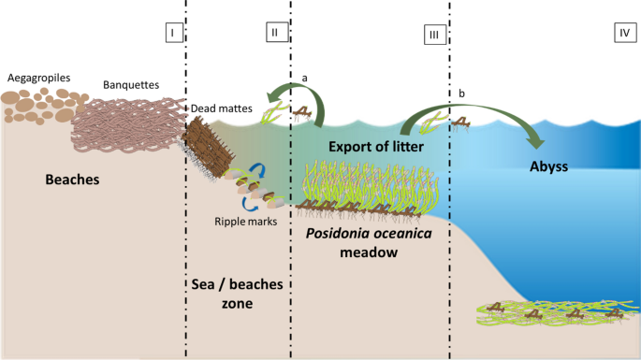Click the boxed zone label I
point(174,33)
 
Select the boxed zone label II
point(277,32)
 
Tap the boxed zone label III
point(434,35)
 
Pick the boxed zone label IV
point(625,33)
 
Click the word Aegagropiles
point(39,78)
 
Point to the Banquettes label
point(131,85)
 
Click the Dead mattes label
point(222,108)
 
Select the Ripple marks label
point(246,222)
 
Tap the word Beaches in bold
point(72,180)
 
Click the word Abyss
point(549,166)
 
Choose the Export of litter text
point(376,147)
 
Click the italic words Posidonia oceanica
point(369,234)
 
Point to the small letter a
point(304,78)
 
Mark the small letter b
point(461,94)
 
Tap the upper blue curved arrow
point(258,170)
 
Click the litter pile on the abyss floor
point(558,313)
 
